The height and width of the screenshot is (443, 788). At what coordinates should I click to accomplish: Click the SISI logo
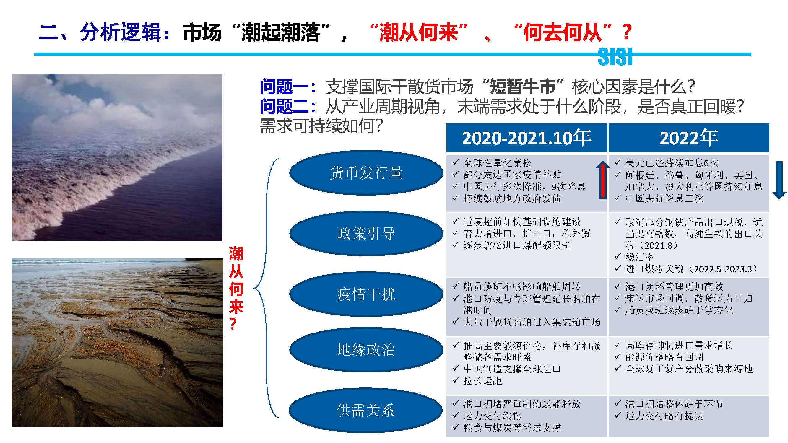[x=615, y=57]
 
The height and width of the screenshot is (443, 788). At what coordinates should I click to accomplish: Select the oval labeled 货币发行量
[x=366, y=173]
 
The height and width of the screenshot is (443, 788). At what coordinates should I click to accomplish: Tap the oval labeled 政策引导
[x=366, y=233]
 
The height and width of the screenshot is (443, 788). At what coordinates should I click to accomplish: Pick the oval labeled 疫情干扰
[x=366, y=294]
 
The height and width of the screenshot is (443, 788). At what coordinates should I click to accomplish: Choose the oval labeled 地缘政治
[x=366, y=349]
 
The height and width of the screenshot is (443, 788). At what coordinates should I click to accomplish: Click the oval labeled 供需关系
[x=365, y=410]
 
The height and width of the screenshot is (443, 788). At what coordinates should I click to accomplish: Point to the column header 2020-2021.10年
[x=527, y=138]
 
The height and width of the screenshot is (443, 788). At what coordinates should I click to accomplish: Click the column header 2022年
[x=689, y=138]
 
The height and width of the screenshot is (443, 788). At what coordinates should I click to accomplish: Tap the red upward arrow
[x=603, y=180]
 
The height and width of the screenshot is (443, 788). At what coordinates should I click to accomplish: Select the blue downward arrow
[x=779, y=180]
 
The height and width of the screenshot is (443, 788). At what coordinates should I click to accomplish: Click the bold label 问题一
[x=284, y=87]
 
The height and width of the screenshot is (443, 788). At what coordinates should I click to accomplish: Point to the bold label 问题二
[x=284, y=106]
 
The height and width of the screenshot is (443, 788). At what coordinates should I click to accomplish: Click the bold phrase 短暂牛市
[x=522, y=87]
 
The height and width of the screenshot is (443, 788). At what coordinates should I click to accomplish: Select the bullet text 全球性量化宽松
[x=497, y=163]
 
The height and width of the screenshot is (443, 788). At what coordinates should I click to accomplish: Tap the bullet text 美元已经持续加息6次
[x=672, y=163]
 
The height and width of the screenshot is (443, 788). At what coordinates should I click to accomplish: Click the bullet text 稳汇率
[x=640, y=257]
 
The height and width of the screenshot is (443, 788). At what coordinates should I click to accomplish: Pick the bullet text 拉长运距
[x=482, y=381]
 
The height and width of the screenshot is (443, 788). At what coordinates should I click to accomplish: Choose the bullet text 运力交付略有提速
[x=664, y=416]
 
